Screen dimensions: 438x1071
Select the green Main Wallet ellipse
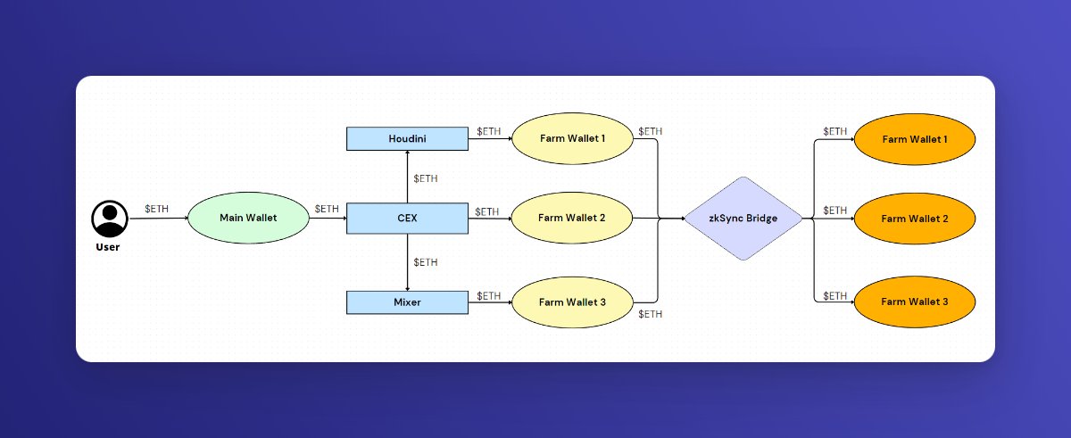pos(248,218)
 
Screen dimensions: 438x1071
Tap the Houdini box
pos(407,138)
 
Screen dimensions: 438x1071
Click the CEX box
pos(407,218)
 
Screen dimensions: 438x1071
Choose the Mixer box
pos(407,302)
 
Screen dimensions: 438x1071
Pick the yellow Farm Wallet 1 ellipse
pos(572,138)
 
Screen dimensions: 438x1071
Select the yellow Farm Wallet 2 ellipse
pos(572,218)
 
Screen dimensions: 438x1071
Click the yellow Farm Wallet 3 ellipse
pos(572,302)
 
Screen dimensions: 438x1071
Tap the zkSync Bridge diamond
pos(743,219)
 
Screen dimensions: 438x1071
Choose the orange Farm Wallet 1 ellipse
pos(915,139)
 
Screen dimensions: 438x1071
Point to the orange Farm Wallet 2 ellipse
pos(915,219)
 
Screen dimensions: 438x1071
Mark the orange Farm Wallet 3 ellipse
pos(915,302)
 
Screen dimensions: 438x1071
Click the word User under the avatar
pos(108,247)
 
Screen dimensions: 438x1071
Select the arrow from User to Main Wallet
pos(158,219)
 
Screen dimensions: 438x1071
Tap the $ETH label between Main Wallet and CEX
pos(327,209)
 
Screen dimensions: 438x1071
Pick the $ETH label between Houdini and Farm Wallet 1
pos(488,131)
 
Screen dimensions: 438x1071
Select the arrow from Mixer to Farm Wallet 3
pos(489,303)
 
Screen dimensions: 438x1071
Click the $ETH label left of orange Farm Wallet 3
pos(834,295)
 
